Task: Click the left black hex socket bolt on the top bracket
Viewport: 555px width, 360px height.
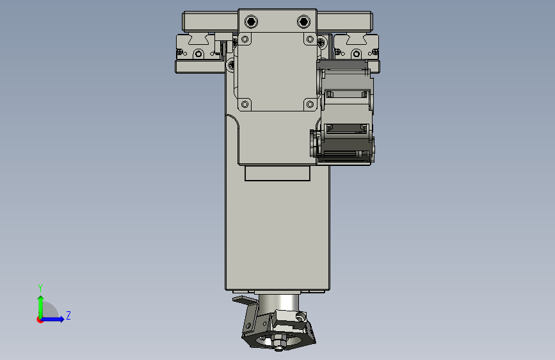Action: pyautogui.click(x=251, y=22)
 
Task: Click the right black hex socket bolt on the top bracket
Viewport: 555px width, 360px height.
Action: pyautogui.click(x=303, y=22)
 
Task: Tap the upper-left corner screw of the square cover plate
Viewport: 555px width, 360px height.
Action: pyautogui.click(x=245, y=39)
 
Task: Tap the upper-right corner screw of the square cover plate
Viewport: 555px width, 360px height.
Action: pyautogui.click(x=310, y=39)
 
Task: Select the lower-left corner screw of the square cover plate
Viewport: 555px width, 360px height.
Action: pyautogui.click(x=245, y=104)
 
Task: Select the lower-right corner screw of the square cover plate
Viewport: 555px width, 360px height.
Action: pyautogui.click(x=310, y=104)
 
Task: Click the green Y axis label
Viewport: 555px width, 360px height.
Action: pyautogui.click(x=40, y=288)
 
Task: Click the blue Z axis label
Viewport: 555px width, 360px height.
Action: pyautogui.click(x=68, y=315)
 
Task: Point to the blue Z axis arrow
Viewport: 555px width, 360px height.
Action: pyautogui.click(x=52, y=319)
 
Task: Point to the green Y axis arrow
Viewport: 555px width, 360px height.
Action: pyautogui.click(x=41, y=307)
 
